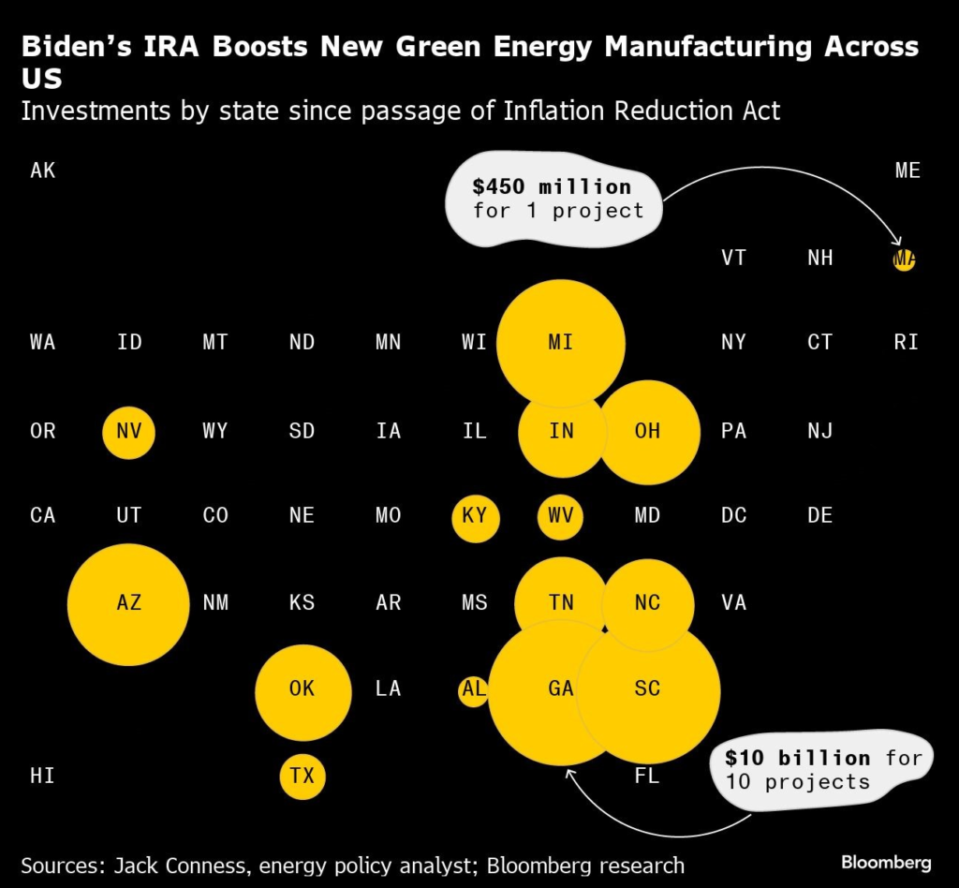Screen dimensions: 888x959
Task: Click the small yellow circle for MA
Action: click(904, 259)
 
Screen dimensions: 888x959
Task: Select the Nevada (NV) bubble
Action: click(129, 432)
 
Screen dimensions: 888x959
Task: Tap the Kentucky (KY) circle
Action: click(475, 517)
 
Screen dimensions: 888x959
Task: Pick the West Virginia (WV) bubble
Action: click(561, 516)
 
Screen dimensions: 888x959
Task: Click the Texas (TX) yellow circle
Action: click(302, 776)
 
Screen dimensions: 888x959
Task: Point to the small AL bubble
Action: click(473, 690)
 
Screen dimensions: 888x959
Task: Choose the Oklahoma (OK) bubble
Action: click(302, 690)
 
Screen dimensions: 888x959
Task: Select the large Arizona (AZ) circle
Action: click(129, 603)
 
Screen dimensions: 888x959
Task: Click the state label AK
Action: click(43, 170)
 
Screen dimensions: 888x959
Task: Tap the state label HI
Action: click(43, 776)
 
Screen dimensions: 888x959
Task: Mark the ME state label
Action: click(907, 170)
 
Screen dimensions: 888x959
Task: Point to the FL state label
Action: click(647, 776)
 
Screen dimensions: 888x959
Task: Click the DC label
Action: click(734, 515)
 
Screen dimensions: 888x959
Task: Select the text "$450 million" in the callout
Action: click(552, 185)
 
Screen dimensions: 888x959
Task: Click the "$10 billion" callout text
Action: click(798, 757)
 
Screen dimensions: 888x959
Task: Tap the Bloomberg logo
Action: click(885, 862)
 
